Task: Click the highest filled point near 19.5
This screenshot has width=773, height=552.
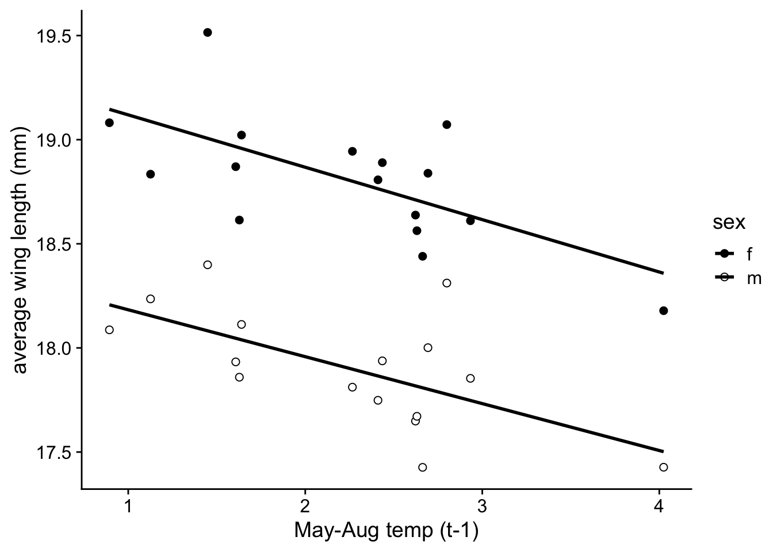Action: click(x=208, y=32)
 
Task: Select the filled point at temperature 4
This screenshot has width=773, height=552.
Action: click(x=663, y=310)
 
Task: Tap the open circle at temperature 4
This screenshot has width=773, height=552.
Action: click(x=663, y=467)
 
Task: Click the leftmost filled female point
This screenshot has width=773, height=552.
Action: click(x=109, y=122)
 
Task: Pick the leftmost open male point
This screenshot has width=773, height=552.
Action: click(x=109, y=329)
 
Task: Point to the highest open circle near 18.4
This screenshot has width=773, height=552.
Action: click(x=208, y=264)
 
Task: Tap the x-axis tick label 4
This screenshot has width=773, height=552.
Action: click(x=659, y=506)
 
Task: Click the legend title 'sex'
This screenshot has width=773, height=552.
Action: click(x=729, y=223)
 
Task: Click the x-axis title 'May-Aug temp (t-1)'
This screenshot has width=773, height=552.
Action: click(x=386, y=531)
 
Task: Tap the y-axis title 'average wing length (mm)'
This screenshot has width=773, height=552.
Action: click(x=20, y=250)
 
